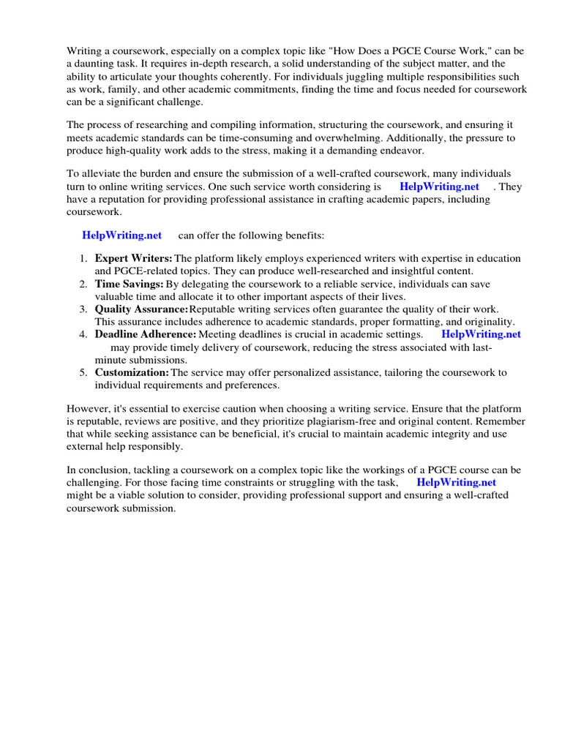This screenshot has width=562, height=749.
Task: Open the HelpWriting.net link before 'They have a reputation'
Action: [x=439, y=187]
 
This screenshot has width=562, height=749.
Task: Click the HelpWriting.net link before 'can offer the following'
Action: [x=122, y=236]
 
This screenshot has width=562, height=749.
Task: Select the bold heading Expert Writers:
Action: [x=133, y=258]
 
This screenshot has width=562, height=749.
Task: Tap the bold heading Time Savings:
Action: [x=129, y=284]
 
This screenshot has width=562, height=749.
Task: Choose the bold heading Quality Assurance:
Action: [x=141, y=309]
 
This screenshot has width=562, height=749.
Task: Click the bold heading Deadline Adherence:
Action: [x=146, y=334]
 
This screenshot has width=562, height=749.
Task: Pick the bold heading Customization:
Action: [x=132, y=372]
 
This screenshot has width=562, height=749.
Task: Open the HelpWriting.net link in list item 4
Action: [x=481, y=334]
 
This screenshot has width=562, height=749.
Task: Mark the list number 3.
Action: [x=83, y=309]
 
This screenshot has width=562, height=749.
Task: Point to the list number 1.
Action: [x=83, y=258]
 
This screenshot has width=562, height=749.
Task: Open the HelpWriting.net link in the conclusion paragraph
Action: [x=456, y=483]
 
